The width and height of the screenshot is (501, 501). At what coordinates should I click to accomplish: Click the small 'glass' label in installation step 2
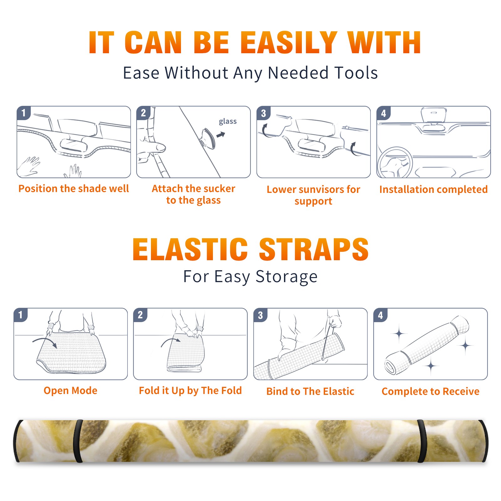click(228, 121)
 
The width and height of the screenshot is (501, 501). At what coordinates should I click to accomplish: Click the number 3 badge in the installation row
click(263, 113)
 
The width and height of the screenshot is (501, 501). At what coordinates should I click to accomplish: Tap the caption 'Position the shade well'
click(74, 189)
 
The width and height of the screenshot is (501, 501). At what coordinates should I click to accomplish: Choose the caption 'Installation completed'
click(433, 189)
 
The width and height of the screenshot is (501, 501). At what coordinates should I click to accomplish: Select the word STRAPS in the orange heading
click(314, 249)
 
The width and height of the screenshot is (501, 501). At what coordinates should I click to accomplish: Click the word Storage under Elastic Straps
click(286, 277)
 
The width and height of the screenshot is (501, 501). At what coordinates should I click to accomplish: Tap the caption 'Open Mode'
click(70, 390)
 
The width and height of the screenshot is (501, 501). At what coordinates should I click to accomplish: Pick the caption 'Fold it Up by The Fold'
click(190, 390)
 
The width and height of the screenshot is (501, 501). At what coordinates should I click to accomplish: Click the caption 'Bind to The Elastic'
click(310, 391)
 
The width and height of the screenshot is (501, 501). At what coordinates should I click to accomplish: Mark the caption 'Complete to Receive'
click(431, 391)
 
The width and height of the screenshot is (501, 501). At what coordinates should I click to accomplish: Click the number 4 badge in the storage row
click(380, 315)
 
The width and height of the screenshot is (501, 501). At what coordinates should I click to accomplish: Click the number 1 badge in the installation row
click(23, 112)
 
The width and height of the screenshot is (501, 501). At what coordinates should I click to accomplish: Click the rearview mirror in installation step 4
click(433, 115)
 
